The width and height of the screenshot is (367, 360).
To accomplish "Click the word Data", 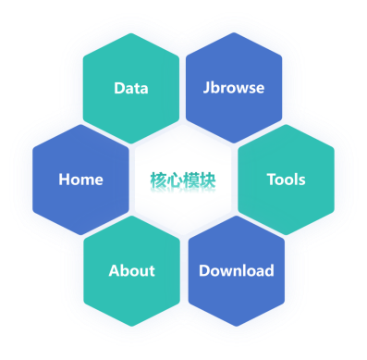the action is point(131,88).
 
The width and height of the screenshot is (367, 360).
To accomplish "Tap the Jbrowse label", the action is point(234,88).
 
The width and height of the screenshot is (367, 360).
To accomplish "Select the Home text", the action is point(80,180).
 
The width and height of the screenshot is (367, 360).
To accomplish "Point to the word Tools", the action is point(287,180).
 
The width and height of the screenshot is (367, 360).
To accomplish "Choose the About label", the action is point(132,270).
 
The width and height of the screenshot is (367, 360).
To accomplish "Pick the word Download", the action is point(237,270).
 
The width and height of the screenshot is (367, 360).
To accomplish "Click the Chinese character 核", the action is point(158,180).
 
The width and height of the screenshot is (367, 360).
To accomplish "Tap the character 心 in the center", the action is point(175,180).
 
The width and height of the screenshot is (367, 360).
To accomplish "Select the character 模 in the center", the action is point(191,180).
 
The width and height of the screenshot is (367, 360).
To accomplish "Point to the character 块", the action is point(207,180).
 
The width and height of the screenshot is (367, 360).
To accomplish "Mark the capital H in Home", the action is point(64,180).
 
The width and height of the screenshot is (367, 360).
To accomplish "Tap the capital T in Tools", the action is point(272,180).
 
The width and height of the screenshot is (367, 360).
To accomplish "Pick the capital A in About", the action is point(115,271).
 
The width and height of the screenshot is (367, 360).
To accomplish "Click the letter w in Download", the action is point(227,272).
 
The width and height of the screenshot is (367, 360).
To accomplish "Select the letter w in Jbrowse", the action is point(239,89).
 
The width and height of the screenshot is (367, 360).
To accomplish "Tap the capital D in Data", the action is point(119,88).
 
